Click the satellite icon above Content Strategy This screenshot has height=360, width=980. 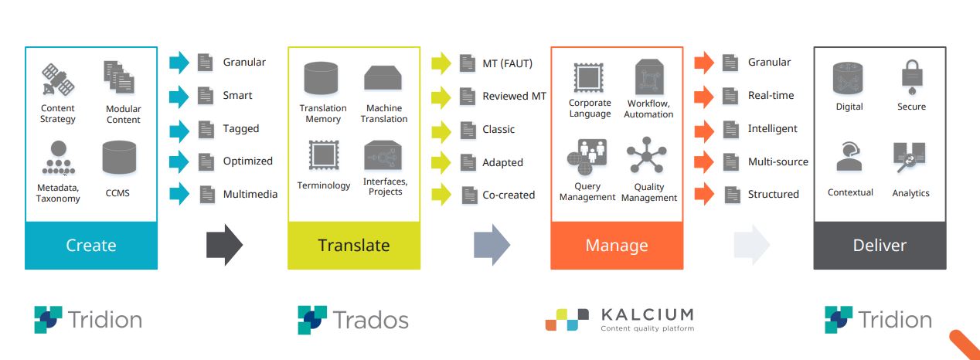58,80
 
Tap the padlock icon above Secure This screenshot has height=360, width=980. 912,77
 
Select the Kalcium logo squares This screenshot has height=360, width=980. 567,320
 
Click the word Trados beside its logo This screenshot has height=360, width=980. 371,320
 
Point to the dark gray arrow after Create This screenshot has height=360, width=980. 224,245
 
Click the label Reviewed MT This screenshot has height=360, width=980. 515,97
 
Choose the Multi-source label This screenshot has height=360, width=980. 778,162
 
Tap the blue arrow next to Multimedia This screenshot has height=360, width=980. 179,194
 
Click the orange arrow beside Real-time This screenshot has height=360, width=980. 704,97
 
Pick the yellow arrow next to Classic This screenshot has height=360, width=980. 441,131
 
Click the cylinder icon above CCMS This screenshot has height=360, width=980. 119,157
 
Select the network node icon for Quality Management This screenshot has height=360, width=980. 647,155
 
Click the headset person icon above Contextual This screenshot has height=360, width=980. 849,156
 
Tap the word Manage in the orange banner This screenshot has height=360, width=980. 617,246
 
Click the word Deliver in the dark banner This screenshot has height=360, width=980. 880,246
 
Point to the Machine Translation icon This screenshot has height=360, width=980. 383,78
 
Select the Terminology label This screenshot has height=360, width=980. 324,185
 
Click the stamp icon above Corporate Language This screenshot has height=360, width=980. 588,77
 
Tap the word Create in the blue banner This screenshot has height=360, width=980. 91,246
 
